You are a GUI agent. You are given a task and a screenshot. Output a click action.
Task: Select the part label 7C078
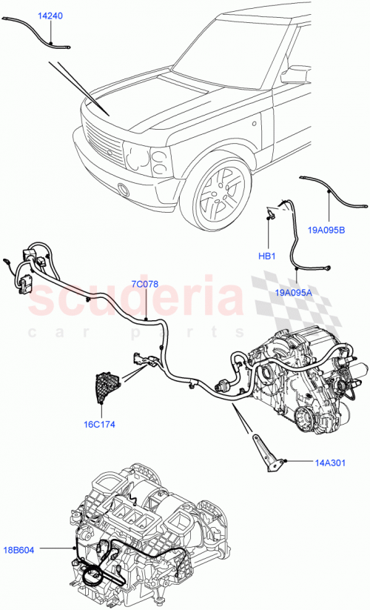click(145, 284)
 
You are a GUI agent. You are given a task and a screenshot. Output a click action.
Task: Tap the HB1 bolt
click(272, 216)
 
